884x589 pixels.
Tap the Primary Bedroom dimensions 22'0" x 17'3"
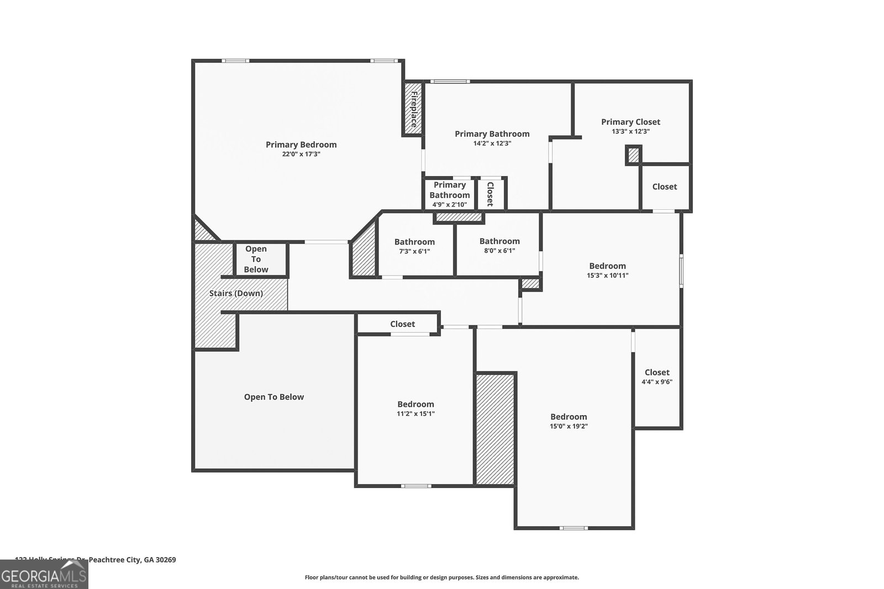301,155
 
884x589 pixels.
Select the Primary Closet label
630,122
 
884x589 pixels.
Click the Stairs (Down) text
236,293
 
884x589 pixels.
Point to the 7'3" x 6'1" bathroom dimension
414,251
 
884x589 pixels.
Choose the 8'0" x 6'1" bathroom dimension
499,251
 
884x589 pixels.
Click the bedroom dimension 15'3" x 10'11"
607,275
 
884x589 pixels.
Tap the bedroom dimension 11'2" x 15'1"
415,413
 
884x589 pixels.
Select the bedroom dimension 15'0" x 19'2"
569,426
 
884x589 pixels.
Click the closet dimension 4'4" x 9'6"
656,382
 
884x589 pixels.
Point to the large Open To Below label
274,397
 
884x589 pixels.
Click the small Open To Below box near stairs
256,259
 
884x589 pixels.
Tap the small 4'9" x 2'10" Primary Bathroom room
449,194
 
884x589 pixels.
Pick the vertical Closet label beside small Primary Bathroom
490,194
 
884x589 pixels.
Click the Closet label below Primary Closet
664,187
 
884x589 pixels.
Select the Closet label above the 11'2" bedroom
402,324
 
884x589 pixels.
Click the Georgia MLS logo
44,574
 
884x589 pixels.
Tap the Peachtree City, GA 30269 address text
133,560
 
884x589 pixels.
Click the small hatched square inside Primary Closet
634,155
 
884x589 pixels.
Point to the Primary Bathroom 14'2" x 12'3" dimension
492,143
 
